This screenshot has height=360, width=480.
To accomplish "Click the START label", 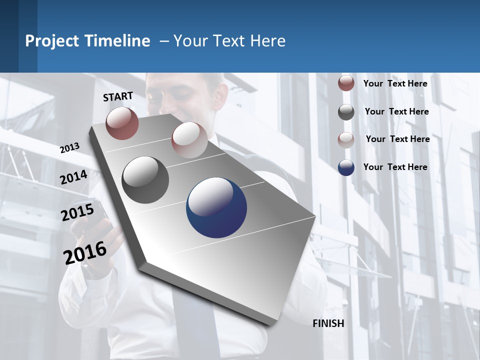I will tap(118, 96).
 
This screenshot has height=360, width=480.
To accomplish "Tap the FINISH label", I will tap(328, 323).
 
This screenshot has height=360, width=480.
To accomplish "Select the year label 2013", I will tap(69, 148).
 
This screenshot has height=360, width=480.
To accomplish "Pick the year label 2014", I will tap(73, 177).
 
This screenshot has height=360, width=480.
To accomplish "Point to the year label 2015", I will tap(77, 212).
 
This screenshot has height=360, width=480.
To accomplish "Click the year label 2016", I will tap(85, 252).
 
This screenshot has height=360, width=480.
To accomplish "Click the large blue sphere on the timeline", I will tap(216, 207).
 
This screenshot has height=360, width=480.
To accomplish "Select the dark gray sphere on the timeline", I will tap(145, 180).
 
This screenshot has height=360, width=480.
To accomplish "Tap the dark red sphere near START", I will tap(122, 123).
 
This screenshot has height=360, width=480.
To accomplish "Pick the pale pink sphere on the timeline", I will tap(189, 139).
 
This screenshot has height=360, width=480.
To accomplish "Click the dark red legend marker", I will tap(346, 83).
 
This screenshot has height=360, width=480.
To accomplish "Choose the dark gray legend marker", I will tap(346, 112).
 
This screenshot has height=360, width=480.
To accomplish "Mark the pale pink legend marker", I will tap(346, 139).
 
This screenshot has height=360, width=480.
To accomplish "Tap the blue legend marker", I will tap(346, 167).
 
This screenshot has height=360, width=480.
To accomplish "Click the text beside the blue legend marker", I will tap(395, 167).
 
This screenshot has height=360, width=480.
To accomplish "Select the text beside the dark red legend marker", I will tap(395, 83).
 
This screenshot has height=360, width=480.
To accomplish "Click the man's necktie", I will tap(195, 320).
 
